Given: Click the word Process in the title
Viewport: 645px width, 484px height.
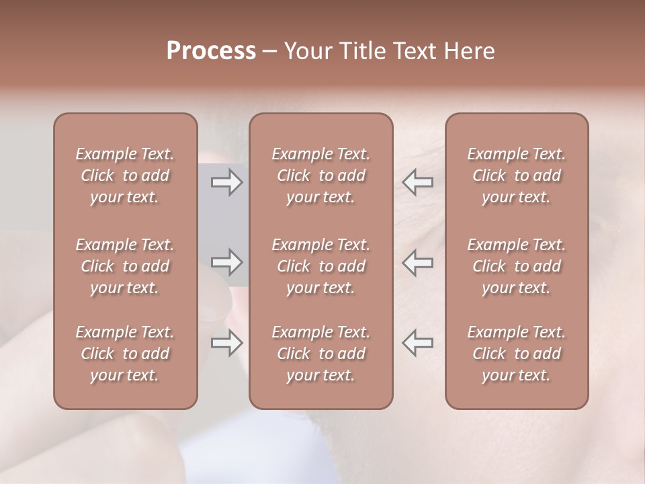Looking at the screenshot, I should (x=211, y=51).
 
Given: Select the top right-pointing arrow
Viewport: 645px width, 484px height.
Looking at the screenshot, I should (x=226, y=182).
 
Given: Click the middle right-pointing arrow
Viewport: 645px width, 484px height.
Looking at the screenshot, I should (x=226, y=262).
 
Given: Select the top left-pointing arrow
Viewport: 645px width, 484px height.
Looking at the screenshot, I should (x=417, y=182).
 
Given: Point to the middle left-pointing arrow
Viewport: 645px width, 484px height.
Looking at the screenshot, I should (x=417, y=262).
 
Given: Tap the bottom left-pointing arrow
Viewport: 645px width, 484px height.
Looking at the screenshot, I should (x=417, y=343).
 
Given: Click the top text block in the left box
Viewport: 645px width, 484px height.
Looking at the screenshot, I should (x=125, y=175).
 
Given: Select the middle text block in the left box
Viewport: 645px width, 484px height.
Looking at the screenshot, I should (x=125, y=266).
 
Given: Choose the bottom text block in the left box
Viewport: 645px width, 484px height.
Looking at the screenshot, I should (x=125, y=354).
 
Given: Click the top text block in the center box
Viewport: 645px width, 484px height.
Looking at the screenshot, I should (x=321, y=175).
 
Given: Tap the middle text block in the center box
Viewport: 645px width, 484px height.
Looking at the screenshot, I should (x=321, y=266).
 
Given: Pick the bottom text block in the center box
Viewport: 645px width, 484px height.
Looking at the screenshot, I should (x=321, y=354).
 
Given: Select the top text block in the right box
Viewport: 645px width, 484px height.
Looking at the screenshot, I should (x=517, y=175).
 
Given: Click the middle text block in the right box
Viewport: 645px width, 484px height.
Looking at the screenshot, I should (x=517, y=266).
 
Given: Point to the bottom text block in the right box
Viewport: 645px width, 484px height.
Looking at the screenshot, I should (x=517, y=354).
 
